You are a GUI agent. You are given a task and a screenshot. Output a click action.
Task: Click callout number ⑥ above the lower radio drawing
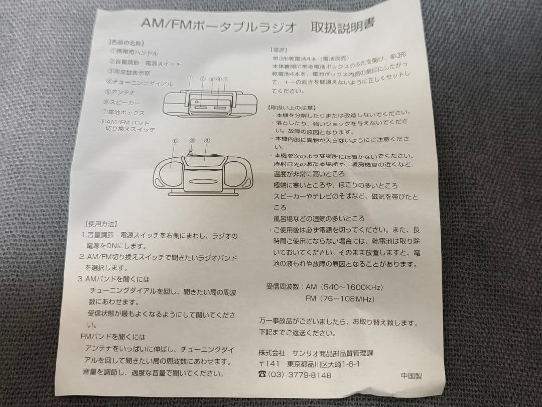(175, 141)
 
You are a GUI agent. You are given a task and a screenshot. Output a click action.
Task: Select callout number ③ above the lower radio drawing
(207, 141)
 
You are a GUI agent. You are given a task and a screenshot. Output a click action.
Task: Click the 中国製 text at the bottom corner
(411, 375)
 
